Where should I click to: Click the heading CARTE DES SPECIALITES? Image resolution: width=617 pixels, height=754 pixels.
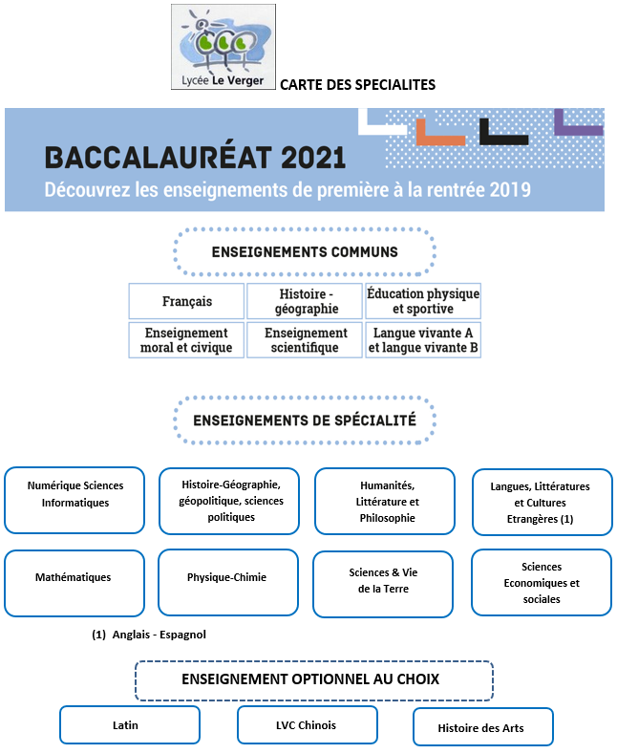click(x=357, y=85)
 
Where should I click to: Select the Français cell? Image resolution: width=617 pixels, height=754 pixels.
click(x=187, y=301)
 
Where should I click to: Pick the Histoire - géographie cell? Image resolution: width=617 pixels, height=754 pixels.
click(x=306, y=301)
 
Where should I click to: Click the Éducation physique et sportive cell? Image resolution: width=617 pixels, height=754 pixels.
click(x=423, y=301)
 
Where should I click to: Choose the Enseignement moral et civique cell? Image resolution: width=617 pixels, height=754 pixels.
click(x=187, y=340)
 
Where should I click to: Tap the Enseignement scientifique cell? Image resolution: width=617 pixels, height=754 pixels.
click(x=306, y=340)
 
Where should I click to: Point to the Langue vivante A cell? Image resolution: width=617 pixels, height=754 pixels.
click(x=423, y=340)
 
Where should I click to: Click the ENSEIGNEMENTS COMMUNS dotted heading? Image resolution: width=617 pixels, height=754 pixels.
click(x=305, y=252)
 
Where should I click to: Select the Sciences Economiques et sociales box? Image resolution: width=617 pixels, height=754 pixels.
click(x=542, y=582)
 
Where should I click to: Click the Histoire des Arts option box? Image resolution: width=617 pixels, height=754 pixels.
click(x=482, y=726)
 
